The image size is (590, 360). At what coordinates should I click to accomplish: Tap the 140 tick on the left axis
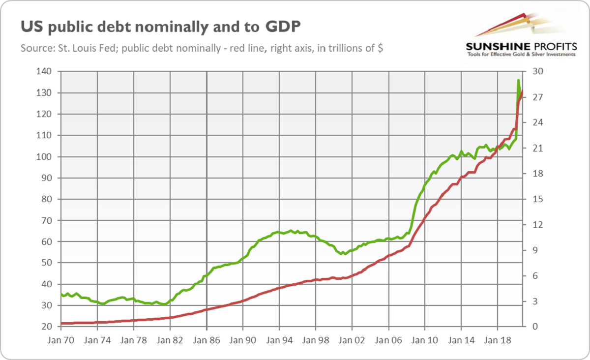coord(46,72)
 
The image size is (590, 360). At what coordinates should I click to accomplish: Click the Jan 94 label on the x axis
coord(279,340)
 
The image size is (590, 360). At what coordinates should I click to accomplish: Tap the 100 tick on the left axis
coord(46,157)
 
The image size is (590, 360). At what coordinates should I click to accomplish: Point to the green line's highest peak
coord(518,80)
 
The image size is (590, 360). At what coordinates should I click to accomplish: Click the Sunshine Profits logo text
coord(520,47)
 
